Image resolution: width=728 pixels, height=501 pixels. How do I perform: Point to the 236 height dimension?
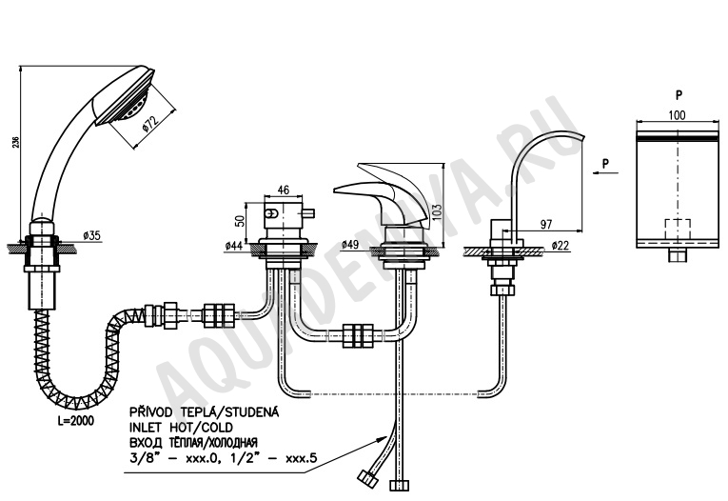(x=15, y=142)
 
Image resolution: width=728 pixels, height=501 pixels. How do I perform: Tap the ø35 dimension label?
(x=91, y=235)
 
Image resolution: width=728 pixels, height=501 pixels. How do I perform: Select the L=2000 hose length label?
(x=75, y=421)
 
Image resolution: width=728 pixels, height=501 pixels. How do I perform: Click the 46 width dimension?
(x=283, y=190)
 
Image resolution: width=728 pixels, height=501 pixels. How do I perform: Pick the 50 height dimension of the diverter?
(x=240, y=221)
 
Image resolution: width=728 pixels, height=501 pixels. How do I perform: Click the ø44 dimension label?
(x=233, y=246)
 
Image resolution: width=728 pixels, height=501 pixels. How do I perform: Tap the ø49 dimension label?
(x=350, y=244)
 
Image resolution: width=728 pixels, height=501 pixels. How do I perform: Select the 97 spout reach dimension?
(x=546, y=224)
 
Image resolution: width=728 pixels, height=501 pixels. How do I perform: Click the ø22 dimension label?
(x=561, y=246)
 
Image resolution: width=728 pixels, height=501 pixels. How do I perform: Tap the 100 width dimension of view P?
(x=677, y=115)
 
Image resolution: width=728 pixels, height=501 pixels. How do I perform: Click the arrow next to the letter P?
(x=605, y=172)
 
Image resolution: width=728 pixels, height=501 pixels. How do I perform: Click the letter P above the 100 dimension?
(x=679, y=95)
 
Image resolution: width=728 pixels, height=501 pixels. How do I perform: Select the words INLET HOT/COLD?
(x=182, y=427)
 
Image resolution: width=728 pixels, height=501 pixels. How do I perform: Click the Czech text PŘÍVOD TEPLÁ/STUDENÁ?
(x=205, y=411)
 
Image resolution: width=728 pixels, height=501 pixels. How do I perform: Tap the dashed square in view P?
(x=679, y=229)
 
